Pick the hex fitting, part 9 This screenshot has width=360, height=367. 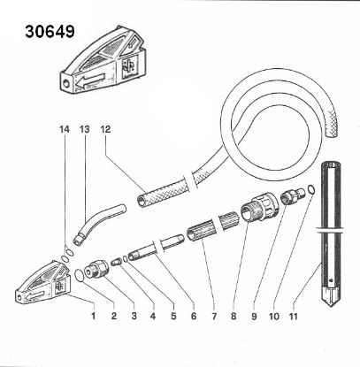coord(289,198)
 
